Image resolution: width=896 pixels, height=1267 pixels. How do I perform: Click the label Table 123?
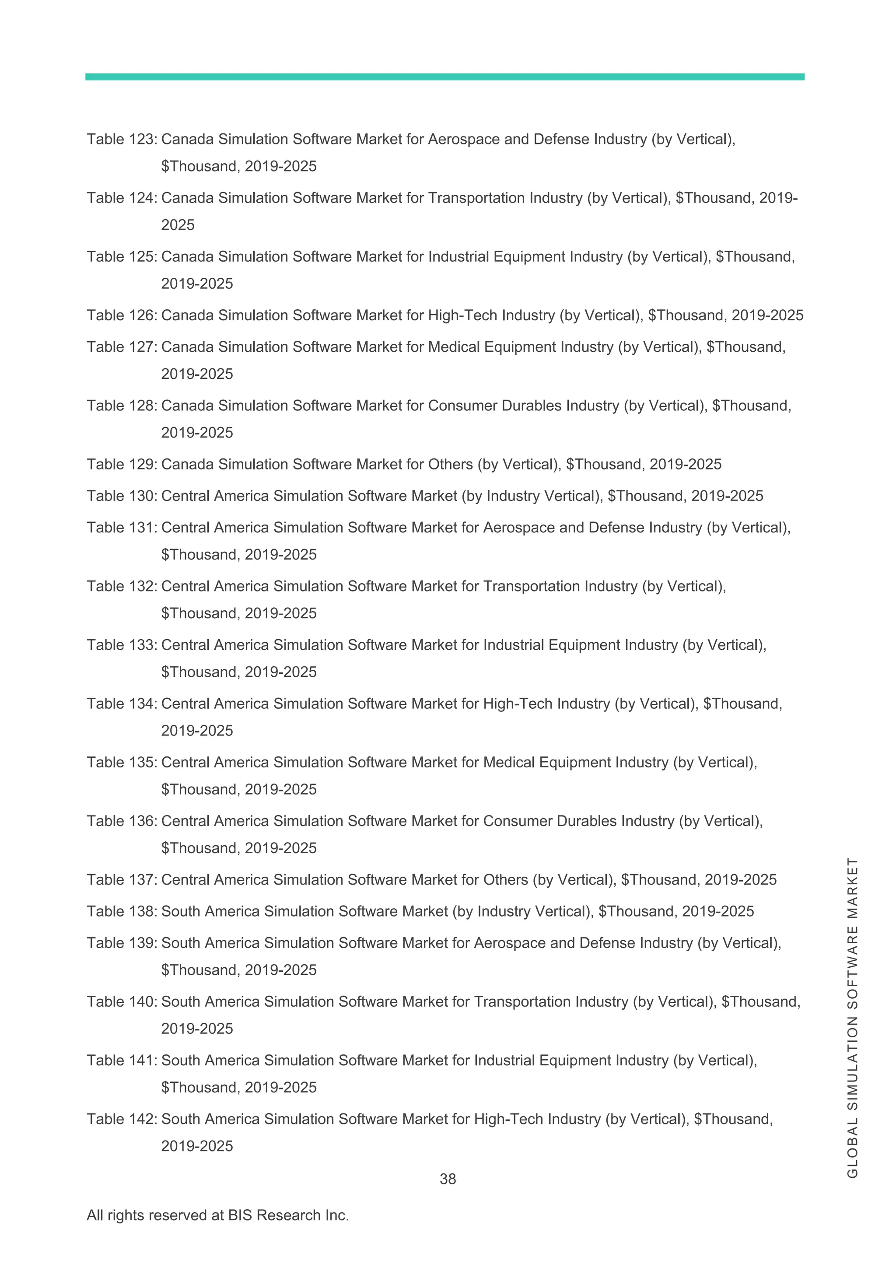tap(122, 139)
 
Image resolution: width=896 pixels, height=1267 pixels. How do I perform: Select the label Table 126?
tap(122, 315)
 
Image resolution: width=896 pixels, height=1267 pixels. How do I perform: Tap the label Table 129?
tap(122, 464)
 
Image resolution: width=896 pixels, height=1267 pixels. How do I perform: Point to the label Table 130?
tap(122, 496)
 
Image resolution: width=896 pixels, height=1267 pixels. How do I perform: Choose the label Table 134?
tap(122, 703)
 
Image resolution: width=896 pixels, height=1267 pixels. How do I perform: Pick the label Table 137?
tap(122, 880)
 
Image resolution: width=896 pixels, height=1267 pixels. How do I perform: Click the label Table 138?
tap(122, 911)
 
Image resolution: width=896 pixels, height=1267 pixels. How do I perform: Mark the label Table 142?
tap(122, 1119)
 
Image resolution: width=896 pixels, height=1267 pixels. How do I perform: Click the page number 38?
tap(448, 1179)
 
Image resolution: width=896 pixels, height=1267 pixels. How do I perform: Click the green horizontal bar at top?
tap(444, 77)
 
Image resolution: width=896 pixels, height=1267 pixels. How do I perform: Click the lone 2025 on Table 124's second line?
tap(178, 225)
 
